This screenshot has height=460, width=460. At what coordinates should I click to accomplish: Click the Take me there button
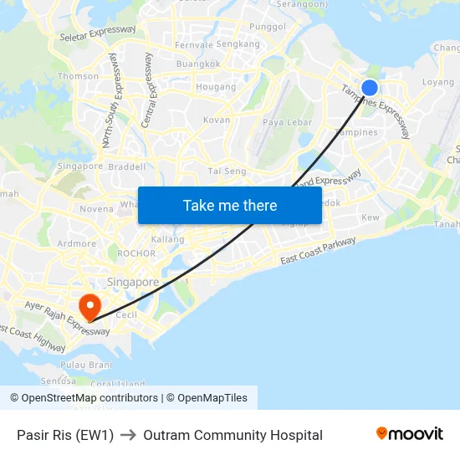[x=230, y=205]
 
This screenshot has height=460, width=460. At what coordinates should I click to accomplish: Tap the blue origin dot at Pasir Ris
[x=369, y=88]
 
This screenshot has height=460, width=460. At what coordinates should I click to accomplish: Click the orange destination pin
[x=88, y=306]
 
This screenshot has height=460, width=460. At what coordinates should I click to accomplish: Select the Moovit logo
[x=409, y=434]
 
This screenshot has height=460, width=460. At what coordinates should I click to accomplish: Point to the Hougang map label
[x=210, y=87]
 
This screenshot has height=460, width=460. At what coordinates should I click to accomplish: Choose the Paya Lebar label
[x=281, y=122]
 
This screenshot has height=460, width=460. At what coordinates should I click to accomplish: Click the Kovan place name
[x=217, y=120]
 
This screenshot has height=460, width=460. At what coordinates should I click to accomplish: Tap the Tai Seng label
[x=227, y=171]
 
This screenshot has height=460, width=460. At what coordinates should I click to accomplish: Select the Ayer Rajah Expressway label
[x=67, y=319]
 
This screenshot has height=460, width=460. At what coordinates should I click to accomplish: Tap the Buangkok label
[x=199, y=64]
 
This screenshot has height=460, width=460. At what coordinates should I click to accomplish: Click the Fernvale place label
[x=193, y=45]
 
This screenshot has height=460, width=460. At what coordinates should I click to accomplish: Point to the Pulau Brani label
[x=86, y=365]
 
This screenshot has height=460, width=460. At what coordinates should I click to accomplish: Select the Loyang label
[x=438, y=83]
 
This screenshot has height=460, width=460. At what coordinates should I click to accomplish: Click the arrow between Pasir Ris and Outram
[x=128, y=435]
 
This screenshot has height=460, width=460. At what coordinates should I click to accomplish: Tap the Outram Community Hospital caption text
[x=233, y=435]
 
